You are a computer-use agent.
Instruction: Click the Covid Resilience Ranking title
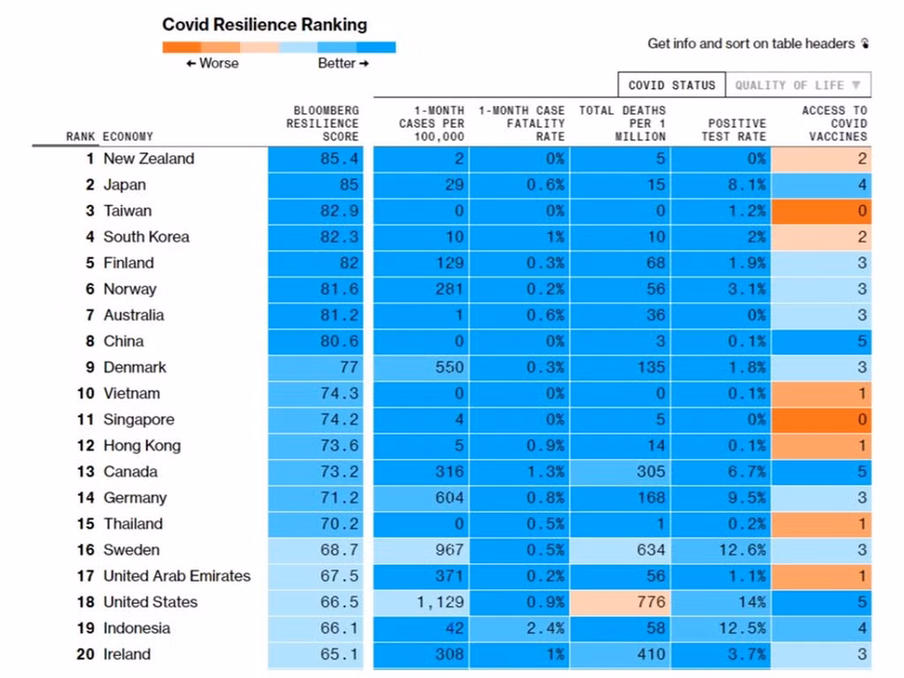265,25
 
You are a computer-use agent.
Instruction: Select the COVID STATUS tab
672,86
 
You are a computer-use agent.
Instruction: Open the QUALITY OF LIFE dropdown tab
798,86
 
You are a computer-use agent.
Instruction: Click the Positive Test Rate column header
734,130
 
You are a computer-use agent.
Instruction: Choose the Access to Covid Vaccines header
834,124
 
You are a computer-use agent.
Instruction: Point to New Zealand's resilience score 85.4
339,159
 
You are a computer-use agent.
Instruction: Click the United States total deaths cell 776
651,602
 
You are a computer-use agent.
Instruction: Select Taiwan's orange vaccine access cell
821,211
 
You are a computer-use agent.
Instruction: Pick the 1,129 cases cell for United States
440,602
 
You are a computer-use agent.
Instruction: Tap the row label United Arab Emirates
177,576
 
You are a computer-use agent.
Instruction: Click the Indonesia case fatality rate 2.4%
545,629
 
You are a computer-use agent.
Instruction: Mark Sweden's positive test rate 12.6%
742,550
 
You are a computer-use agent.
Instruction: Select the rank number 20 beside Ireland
86,654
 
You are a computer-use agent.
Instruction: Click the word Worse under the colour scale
219,64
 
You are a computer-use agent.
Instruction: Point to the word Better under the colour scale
336,64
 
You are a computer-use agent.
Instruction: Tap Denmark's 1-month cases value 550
449,367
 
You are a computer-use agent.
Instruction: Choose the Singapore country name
139,419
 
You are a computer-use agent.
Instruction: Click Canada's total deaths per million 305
651,471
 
